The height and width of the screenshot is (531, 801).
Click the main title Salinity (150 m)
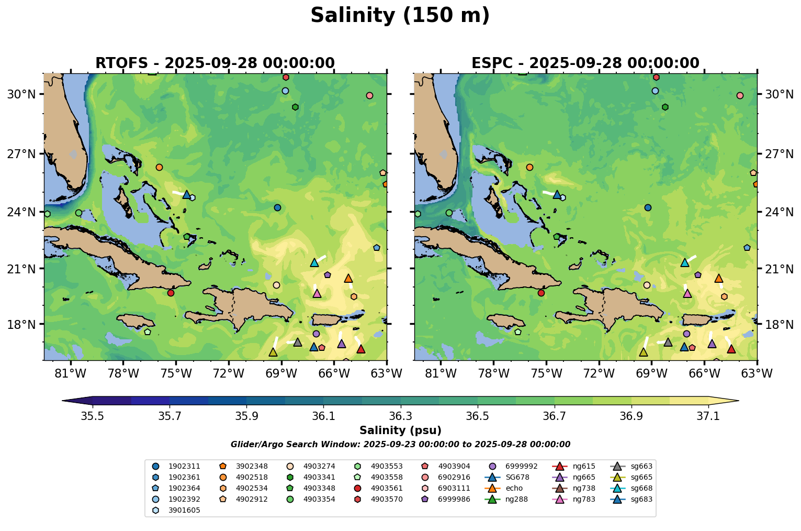coord(400,16)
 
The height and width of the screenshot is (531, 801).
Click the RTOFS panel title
coord(215,63)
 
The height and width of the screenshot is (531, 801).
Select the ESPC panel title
coord(585,63)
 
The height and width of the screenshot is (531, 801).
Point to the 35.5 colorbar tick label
coord(93,416)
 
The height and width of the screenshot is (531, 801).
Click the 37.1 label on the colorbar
coord(708,416)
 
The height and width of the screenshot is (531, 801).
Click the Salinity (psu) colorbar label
coord(400,430)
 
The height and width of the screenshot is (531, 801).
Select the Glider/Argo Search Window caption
coord(400,445)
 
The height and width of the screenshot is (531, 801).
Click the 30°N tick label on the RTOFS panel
coord(21,94)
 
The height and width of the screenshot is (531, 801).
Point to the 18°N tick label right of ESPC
coord(780,325)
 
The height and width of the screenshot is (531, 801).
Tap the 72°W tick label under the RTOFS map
coord(229,373)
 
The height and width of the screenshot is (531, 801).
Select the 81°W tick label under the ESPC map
coord(441,373)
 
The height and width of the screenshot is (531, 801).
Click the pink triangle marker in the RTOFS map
coord(317,293)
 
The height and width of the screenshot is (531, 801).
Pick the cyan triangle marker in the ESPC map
coord(685,262)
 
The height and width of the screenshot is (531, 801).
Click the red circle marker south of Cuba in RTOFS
coord(171,293)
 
